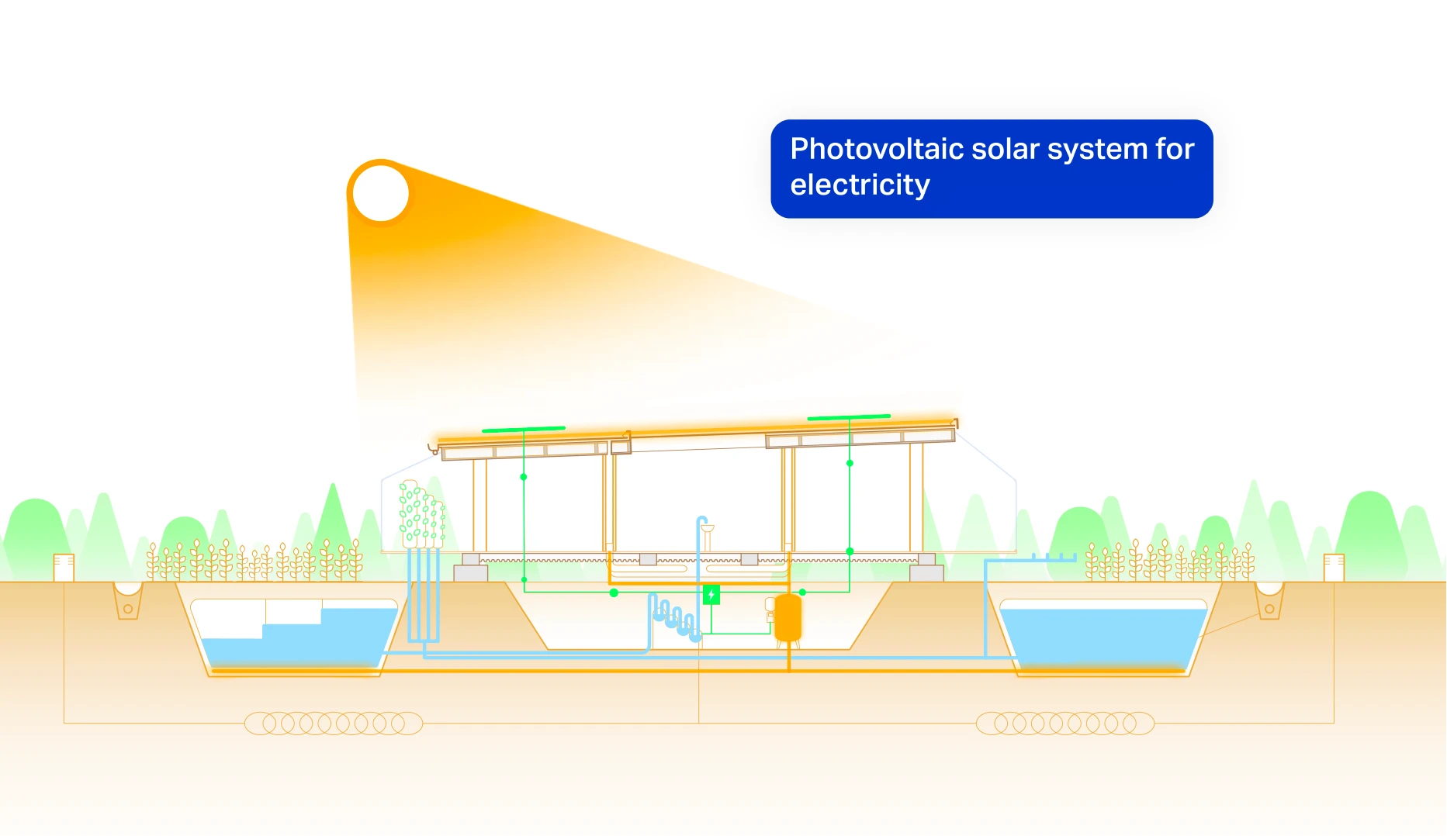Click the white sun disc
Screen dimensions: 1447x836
[x=381, y=193]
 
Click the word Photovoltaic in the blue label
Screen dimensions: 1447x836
[x=875, y=149]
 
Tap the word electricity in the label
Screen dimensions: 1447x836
[x=860, y=185]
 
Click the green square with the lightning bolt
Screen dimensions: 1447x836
[x=711, y=595]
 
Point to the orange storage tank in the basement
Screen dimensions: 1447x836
[x=788, y=618]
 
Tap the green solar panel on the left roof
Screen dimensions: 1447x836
[x=524, y=429]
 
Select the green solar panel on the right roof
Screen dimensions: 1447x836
[x=849, y=417]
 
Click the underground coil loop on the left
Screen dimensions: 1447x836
[x=334, y=724]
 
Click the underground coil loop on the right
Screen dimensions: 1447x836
[x=1065, y=724]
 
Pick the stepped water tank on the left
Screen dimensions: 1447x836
[x=294, y=636]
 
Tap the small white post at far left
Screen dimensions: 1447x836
[x=64, y=568]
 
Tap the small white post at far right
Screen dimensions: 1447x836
[x=1334, y=568]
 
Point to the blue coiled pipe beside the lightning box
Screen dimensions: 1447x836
[x=673, y=618]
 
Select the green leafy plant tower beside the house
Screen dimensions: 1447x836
[x=421, y=514]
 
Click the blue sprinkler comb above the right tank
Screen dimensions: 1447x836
[x=1054, y=557]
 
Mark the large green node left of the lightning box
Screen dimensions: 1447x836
[x=614, y=592]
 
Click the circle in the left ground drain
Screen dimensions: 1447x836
[x=128, y=609]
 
